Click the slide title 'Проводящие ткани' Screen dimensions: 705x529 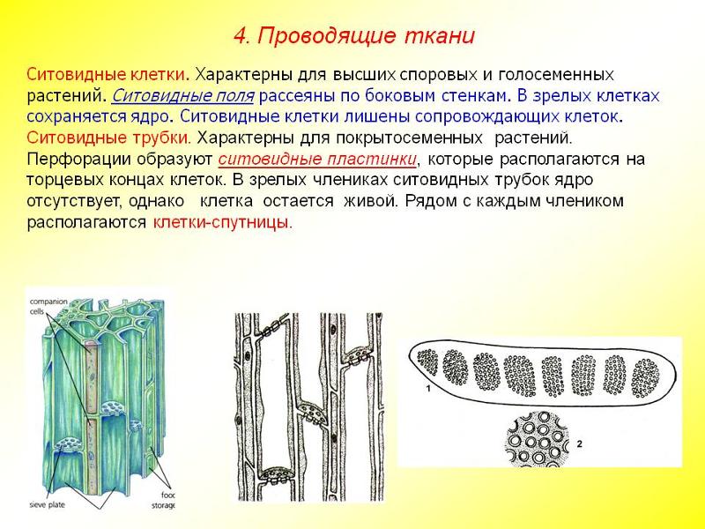coord(366,36)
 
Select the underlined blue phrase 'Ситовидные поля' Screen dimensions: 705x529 coord(182,96)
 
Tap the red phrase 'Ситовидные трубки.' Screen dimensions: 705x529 coord(108,138)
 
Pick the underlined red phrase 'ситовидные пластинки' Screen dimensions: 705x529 coord(317,160)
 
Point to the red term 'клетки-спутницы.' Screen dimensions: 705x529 coord(223,222)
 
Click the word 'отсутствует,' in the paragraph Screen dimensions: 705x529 coord(74,201)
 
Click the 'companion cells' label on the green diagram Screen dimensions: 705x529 coord(48,306)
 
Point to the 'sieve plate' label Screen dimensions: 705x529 coord(48,504)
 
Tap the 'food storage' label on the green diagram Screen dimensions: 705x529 coord(164,500)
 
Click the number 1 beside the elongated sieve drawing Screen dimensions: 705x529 coord(428,388)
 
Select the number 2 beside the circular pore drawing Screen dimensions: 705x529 coord(580,444)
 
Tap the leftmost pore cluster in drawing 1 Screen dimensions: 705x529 coord(427,362)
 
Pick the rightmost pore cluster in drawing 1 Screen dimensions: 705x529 coord(645,378)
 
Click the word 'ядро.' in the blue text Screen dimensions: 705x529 coord(150,117)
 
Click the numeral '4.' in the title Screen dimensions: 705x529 coord(241,36)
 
